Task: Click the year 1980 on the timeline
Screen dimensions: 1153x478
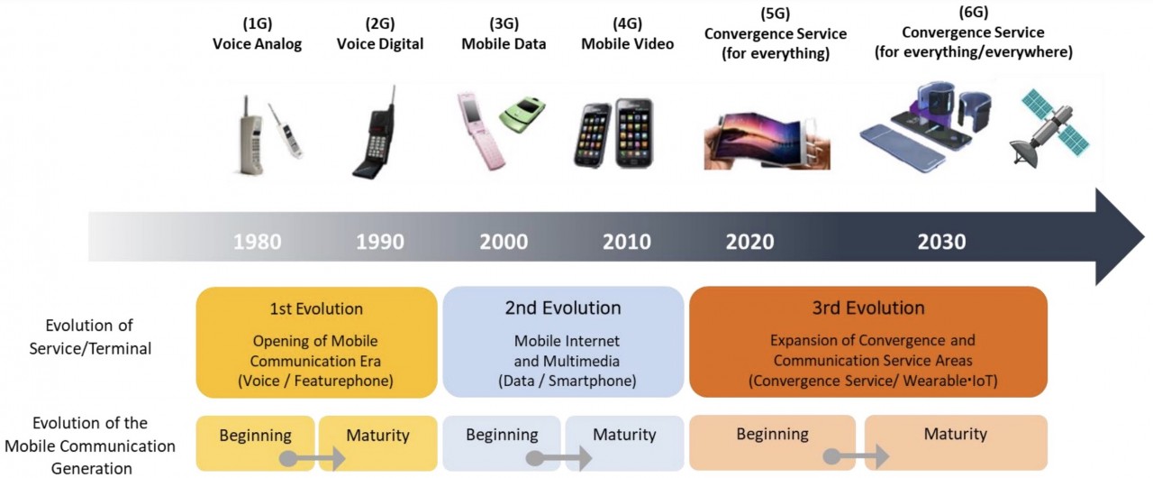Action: point(258,242)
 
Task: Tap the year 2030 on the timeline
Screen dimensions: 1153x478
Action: point(941,242)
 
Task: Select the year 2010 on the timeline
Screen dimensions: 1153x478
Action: point(626,242)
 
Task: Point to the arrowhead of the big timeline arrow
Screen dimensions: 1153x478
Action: point(1120,236)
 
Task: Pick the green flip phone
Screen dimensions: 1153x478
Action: point(522,115)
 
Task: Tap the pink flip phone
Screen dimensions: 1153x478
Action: point(480,131)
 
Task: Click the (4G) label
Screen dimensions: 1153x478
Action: point(627,23)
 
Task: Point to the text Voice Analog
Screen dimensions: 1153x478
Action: point(258,44)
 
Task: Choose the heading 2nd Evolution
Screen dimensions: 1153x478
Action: point(563,308)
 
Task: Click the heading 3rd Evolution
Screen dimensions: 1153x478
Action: point(868,308)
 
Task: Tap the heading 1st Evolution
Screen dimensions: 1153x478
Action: point(316,309)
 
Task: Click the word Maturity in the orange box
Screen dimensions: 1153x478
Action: point(956,434)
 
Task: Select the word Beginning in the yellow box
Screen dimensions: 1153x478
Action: point(255,436)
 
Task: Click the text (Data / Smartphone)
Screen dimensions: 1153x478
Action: point(567,381)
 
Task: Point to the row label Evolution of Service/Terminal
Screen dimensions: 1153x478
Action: point(90,337)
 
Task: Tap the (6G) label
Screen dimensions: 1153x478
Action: point(974,13)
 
